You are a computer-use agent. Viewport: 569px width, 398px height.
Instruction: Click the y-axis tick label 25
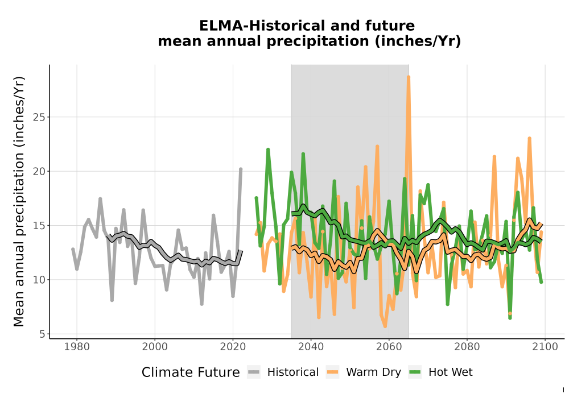[x=39, y=118]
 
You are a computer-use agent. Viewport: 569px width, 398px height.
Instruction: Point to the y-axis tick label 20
[x=39, y=172]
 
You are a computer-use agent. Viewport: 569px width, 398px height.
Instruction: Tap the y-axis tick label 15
[x=39, y=226]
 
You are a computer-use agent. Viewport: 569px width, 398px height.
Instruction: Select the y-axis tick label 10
[x=39, y=280]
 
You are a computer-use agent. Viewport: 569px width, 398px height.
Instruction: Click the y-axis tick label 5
[x=42, y=334]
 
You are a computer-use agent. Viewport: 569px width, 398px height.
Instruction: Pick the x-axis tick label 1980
[x=77, y=347]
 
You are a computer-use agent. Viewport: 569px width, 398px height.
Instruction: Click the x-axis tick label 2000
[x=155, y=347]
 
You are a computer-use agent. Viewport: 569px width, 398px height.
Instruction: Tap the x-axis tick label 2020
[x=233, y=347]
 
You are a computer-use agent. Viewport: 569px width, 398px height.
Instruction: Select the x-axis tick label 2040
[x=311, y=347]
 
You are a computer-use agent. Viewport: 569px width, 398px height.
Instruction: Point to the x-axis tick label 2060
[x=389, y=347]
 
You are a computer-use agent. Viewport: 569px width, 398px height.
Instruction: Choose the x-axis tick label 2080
[x=467, y=347]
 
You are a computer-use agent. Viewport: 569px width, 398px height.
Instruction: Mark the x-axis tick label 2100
[x=545, y=347]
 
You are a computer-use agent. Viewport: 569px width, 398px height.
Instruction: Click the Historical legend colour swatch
[x=254, y=372]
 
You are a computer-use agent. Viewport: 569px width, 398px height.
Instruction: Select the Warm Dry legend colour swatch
[x=332, y=372]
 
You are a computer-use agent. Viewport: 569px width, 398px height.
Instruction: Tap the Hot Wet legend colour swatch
[x=415, y=372]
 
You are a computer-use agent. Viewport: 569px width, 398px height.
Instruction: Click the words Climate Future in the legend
[x=191, y=372]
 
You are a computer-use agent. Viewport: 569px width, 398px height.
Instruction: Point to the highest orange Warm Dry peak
[x=409, y=77]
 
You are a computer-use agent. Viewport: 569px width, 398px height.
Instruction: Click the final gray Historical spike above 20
[x=241, y=169]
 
